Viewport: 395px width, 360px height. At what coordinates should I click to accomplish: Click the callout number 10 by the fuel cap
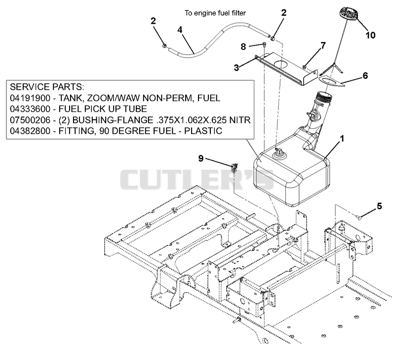[370, 35]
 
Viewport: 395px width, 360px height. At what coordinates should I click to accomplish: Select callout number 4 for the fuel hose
[180, 30]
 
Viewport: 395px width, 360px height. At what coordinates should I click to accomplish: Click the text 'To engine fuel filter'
[215, 13]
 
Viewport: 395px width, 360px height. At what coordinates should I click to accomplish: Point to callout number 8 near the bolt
[243, 47]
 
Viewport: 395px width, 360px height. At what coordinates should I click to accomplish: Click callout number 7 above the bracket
[323, 46]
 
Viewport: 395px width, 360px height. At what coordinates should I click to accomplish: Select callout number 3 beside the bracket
[237, 68]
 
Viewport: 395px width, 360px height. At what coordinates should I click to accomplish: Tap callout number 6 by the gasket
[365, 75]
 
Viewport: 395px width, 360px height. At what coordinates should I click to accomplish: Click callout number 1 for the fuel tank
[342, 139]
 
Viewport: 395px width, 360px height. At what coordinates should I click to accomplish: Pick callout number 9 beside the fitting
[201, 158]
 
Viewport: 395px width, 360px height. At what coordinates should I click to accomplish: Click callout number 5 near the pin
[379, 206]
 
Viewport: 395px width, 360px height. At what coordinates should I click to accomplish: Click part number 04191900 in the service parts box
[30, 98]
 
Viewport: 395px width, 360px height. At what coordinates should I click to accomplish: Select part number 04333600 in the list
[30, 109]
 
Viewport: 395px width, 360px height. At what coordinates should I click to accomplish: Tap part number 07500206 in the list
[30, 120]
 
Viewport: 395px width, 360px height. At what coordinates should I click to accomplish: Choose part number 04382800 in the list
[30, 131]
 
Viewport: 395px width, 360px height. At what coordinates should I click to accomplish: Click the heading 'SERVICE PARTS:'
[47, 87]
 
